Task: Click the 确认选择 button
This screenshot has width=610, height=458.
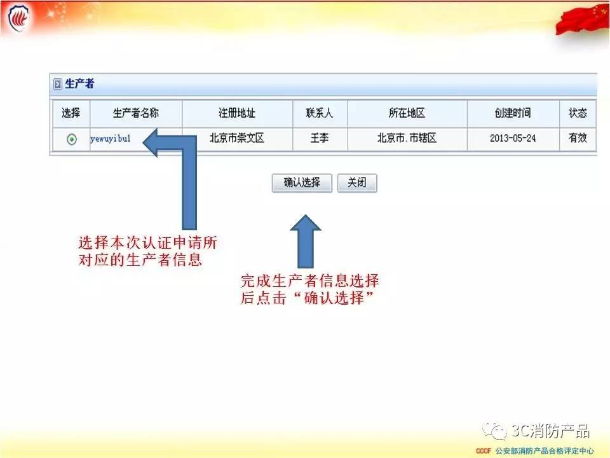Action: coord(302,183)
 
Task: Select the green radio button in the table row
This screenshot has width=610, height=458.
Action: coord(72,139)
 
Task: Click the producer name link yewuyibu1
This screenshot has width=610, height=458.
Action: coord(111,139)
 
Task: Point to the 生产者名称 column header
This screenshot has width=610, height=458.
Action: coord(136,113)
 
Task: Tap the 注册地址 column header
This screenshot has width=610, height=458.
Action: coord(237,113)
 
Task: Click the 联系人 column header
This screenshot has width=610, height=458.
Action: coord(320,113)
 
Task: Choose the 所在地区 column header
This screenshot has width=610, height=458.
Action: coord(407,113)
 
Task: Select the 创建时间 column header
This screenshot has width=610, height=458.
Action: coord(513,113)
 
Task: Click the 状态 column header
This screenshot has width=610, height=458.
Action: coord(578,113)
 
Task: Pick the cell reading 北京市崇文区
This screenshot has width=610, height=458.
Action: coord(237,138)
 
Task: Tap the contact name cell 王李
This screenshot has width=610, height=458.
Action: coord(320,138)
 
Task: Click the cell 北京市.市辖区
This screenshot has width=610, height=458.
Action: coord(407,138)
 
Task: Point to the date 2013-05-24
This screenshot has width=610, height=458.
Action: coord(513,138)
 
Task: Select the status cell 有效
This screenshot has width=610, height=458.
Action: coord(578,138)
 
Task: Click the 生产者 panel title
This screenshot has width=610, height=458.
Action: coord(79,84)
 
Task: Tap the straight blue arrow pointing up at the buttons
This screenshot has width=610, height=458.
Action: coord(306,242)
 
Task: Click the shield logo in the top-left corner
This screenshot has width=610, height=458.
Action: coord(18,18)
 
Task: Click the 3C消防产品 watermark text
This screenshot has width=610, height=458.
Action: coord(550,431)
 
